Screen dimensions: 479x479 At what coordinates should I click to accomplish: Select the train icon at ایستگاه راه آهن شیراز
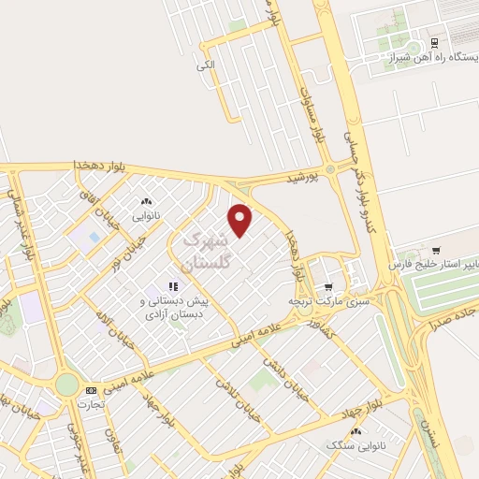(x=434, y=43)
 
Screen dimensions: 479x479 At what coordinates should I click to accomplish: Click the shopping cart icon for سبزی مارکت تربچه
(x=327, y=287)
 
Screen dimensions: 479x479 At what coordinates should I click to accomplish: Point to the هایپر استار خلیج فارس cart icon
(x=436, y=250)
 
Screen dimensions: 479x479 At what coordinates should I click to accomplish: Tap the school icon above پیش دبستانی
(x=171, y=286)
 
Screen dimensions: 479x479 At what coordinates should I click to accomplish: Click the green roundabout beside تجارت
(x=66, y=385)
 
